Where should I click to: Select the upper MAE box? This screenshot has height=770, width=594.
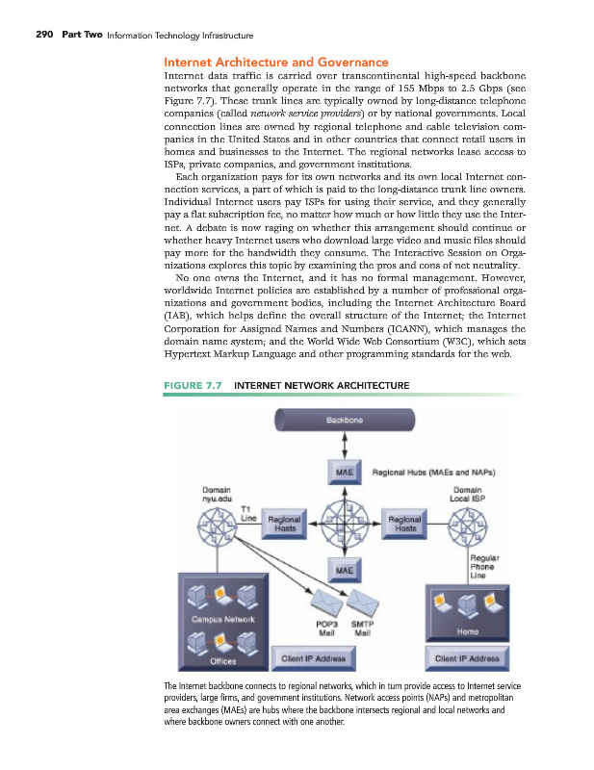point(344,473)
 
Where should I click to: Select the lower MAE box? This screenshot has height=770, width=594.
point(344,571)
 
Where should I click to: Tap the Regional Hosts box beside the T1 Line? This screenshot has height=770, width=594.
point(285,523)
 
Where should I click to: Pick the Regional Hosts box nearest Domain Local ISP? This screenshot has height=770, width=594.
point(405,523)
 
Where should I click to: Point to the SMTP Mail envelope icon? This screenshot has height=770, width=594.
point(363,603)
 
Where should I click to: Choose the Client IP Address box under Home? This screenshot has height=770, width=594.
point(467,659)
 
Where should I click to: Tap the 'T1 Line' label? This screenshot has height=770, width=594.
point(247,514)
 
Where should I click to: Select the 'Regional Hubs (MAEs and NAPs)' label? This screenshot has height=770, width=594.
point(419,474)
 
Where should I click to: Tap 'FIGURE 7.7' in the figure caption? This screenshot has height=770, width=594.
point(194,386)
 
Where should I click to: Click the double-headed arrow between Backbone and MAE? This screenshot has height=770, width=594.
point(344,448)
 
